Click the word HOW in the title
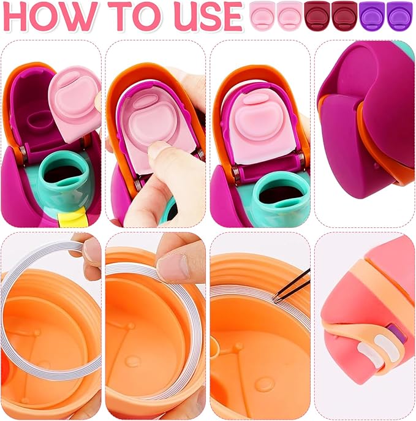50,17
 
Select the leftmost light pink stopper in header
262,16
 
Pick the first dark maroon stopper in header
317,16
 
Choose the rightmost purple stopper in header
399,16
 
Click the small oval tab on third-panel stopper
255,99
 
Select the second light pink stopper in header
290,16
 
